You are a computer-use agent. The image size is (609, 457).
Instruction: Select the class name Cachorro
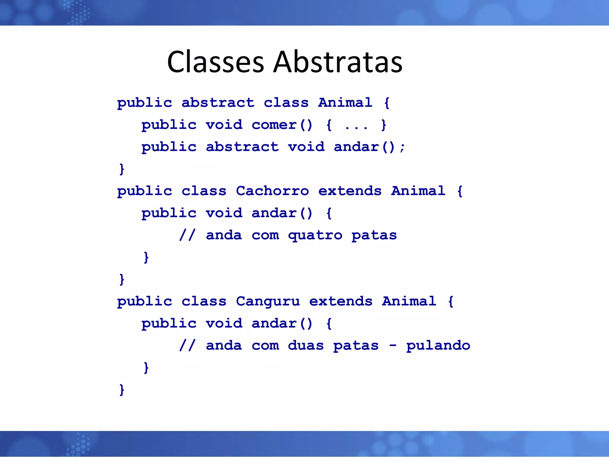tap(272, 191)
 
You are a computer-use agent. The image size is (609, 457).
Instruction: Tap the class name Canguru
tap(268, 301)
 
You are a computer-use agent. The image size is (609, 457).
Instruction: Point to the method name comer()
tap(282, 125)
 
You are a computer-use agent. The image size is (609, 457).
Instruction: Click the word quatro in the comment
tap(315, 235)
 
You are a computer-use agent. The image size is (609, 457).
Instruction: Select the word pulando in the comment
tap(438, 346)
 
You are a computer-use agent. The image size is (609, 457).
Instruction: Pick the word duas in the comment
tap(306, 346)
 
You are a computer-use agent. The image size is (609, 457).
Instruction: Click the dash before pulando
tap(393, 346)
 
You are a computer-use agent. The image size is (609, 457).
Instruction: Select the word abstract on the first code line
tap(218, 103)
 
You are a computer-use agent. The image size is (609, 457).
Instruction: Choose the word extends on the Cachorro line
tap(350, 191)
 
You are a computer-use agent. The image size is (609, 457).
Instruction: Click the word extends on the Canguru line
tap(341, 301)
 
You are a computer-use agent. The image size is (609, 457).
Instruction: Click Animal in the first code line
tap(345, 103)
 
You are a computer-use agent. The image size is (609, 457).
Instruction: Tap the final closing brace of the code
tap(122, 390)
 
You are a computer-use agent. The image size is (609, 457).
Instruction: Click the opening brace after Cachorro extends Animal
tap(460, 191)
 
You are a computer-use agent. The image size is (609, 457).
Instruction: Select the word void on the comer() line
tap(224, 125)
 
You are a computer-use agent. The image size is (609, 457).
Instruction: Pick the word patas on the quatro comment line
tap(374, 235)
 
